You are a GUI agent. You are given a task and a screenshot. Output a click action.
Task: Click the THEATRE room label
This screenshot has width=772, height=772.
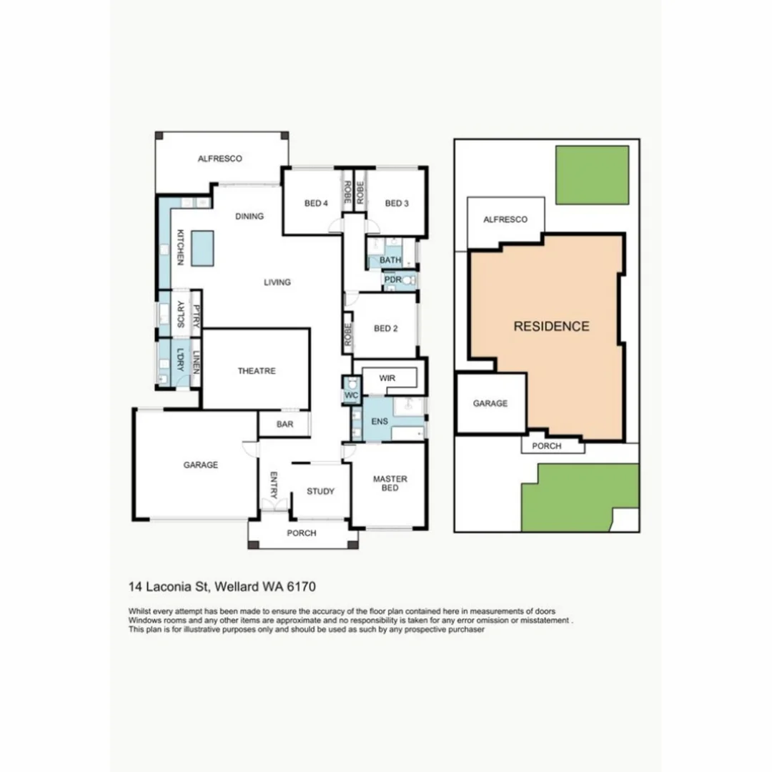pyautogui.click(x=257, y=371)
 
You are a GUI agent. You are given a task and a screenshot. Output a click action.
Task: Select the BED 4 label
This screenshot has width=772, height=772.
pyautogui.click(x=316, y=204)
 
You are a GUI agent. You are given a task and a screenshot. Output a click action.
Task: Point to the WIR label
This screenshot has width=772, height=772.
pyautogui.click(x=387, y=377)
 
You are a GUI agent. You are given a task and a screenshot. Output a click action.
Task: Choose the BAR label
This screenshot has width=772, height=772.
pyautogui.click(x=284, y=424)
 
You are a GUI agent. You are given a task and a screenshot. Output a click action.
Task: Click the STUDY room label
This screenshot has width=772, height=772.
pyautogui.click(x=320, y=491)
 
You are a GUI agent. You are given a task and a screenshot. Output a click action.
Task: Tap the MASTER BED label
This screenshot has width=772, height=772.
pyautogui.click(x=390, y=484)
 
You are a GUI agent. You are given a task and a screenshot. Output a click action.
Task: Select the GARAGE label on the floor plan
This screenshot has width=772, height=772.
pyautogui.click(x=200, y=465)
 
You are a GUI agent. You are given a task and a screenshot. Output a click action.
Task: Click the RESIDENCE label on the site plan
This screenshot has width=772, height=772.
pyautogui.click(x=551, y=327)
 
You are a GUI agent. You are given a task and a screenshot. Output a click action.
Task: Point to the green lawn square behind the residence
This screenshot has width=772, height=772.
pyautogui.click(x=592, y=175)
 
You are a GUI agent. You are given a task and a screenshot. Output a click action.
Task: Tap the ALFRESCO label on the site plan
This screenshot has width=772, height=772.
pyautogui.click(x=505, y=219)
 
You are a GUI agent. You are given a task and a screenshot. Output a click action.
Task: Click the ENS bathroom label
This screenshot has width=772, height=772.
pyautogui.click(x=380, y=421)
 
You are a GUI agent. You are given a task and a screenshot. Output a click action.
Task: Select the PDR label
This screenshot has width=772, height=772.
pyautogui.click(x=393, y=280)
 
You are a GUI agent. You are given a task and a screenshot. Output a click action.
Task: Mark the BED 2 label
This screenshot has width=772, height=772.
pyautogui.click(x=386, y=329)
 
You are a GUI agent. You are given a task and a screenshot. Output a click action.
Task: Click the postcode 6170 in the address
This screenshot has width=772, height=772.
pyautogui.click(x=302, y=587)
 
